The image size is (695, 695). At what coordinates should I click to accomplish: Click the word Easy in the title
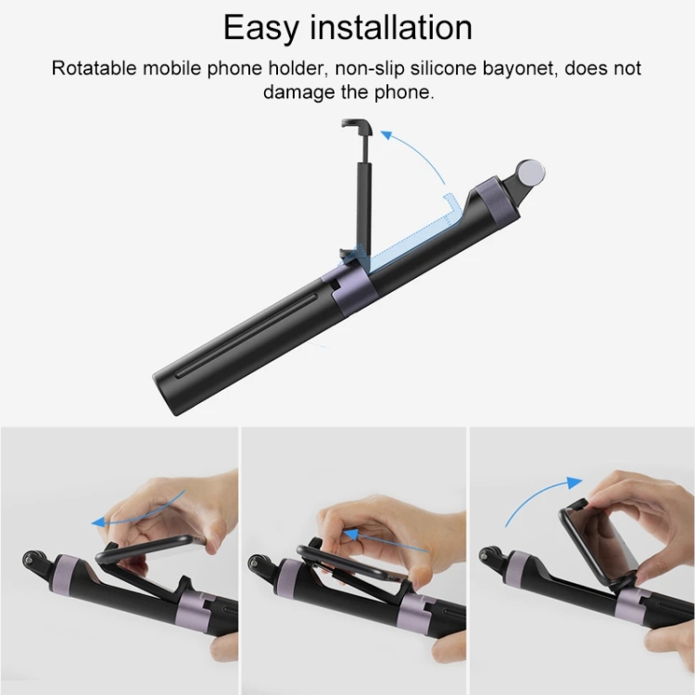261,28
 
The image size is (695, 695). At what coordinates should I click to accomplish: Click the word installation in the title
391,28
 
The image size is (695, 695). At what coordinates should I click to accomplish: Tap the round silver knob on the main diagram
531,172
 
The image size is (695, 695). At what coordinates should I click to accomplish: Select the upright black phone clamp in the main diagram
359,191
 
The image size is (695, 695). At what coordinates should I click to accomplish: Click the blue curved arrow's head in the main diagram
387,135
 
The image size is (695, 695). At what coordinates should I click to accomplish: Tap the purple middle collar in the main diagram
349,289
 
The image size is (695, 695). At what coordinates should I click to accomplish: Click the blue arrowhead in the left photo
99,523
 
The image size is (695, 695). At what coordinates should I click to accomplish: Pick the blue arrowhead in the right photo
574,482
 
